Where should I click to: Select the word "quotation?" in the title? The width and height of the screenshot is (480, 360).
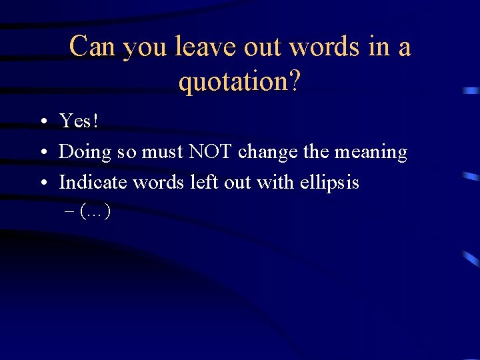[239, 81]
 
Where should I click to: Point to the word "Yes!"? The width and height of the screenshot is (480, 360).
[79, 121]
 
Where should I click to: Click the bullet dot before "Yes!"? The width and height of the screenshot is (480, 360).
[42, 122]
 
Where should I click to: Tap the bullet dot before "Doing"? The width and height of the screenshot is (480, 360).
[42, 153]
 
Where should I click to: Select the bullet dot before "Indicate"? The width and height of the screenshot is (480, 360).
[42, 183]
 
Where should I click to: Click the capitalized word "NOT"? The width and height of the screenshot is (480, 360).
[210, 151]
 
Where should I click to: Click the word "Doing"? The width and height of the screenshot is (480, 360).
[85, 153]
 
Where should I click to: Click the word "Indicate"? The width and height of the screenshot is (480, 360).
[93, 182]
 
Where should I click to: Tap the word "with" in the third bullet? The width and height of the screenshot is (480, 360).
[273, 182]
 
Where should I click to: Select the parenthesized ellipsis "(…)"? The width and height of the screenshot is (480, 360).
[95, 212]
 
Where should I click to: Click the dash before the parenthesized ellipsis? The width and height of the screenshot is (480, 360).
[71, 213]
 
